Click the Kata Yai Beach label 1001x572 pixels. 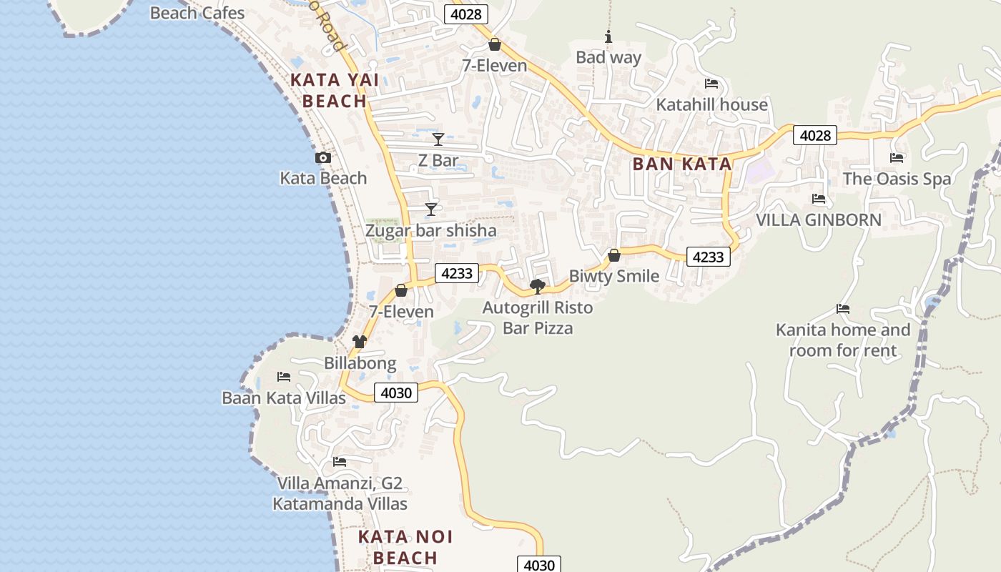335,91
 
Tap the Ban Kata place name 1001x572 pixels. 682,164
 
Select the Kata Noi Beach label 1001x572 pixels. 405,547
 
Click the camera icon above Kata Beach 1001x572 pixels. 323,158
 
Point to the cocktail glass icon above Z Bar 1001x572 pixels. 438,139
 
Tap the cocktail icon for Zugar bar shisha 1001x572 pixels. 431,209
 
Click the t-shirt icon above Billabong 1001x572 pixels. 360,342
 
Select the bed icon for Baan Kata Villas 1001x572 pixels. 284,376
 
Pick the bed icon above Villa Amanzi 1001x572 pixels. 340,462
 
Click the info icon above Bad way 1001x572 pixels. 608,36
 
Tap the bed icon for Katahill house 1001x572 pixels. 711,84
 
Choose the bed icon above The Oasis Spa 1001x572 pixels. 897,157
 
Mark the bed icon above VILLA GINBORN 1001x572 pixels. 819,199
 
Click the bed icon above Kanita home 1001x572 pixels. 843,309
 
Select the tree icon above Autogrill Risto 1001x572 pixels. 538,287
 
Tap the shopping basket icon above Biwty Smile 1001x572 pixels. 613,255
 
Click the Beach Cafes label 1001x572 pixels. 197,13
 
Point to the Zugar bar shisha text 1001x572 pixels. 430,230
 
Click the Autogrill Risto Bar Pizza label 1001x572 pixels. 538,318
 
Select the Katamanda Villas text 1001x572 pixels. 340,503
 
